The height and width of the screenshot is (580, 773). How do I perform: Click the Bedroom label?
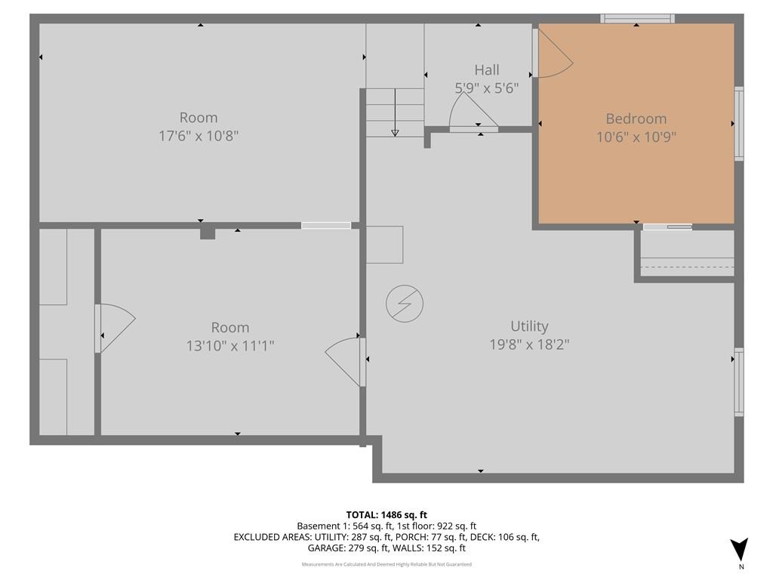(x=636, y=119)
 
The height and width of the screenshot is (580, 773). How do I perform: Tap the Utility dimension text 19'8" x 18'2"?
(x=528, y=344)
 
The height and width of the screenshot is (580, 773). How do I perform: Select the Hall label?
(x=487, y=70)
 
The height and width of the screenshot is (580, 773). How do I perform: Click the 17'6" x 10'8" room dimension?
(x=199, y=136)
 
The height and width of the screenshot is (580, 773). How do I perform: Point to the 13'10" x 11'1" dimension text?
(x=229, y=346)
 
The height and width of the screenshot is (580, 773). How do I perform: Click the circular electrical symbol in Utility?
(x=405, y=304)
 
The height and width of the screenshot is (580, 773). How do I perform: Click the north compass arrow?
(x=740, y=549)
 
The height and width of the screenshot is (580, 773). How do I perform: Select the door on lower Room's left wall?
(x=115, y=328)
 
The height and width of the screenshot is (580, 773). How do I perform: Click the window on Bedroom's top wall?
(x=637, y=19)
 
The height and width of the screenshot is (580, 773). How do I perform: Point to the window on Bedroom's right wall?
(x=739, y=124)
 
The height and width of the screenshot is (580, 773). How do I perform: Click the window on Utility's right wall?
(x=739, y=381)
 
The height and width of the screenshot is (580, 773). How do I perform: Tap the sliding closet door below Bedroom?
(x=667, y=227)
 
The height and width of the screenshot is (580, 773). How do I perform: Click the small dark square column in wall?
(x=208, y=233)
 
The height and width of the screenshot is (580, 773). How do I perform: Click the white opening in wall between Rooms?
(x=326, y=225)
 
